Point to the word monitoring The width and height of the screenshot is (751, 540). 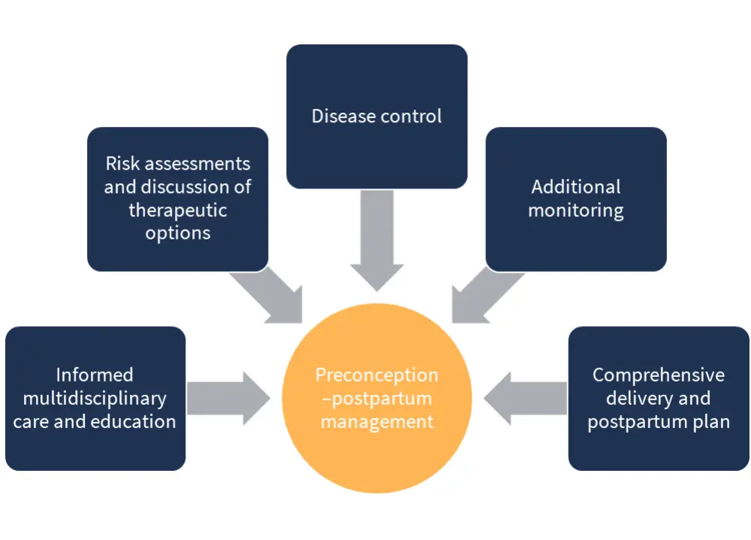click(576, 210)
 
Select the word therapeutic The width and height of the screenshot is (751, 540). click(178, 210)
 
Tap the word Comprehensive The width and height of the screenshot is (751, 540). click(659, 375)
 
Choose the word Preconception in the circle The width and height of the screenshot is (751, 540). click(376, 375)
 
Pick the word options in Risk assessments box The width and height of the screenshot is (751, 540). click(178, 233)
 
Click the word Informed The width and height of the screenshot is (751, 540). click(95, 375)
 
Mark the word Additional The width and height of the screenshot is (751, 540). click(576, 186)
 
